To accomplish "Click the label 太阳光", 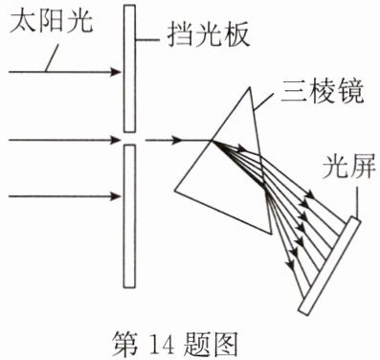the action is [x=51, y=22].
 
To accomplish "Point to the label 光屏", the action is [x=348, y=167].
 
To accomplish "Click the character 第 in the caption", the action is [x=125, y=344].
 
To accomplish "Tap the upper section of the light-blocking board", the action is [x=129, y=68].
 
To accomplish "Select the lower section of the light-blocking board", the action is [x=129, y=216].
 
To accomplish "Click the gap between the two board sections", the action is [x=129, y=139].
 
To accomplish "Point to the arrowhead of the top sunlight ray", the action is [x=116, y=72].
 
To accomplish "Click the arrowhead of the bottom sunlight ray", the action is [x=116, y=196].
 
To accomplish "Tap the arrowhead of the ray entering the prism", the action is [x=176, y=140].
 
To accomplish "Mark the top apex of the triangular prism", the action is [x=249, y=88].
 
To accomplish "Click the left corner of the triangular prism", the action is [x=174, y=191].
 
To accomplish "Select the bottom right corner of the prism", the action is [x=272, y=234].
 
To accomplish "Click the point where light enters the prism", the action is [x=212, y=141].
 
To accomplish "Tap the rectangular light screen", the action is [x=329, y=265].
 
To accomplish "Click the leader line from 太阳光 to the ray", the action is [x=52, y=58].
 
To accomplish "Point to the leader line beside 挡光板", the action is [x=147, y=40].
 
